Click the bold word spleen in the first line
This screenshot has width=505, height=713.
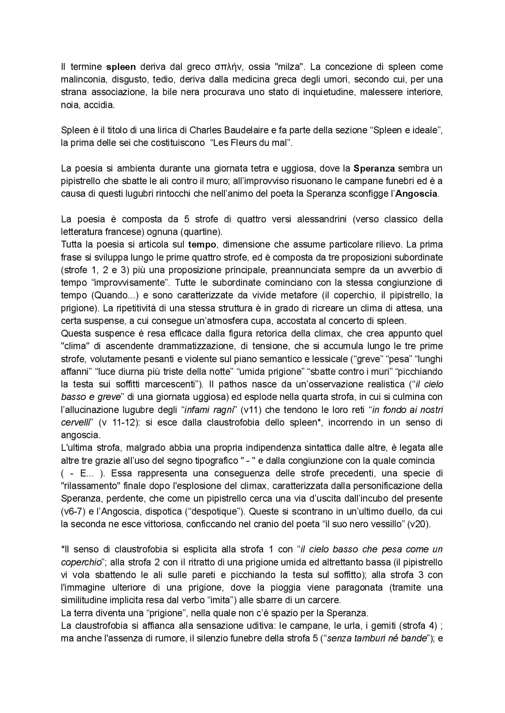(122, 67)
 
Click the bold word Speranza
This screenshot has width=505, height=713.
(374, 169)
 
